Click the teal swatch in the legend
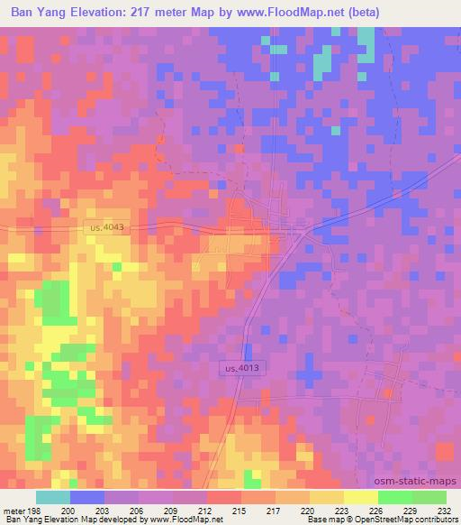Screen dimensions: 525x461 pyautogui.click(x=53, y=497)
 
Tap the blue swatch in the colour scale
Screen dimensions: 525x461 pyautogui.click(x=87, y=497)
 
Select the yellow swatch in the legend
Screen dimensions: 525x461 pyautogui.click(x=360, y=497)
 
